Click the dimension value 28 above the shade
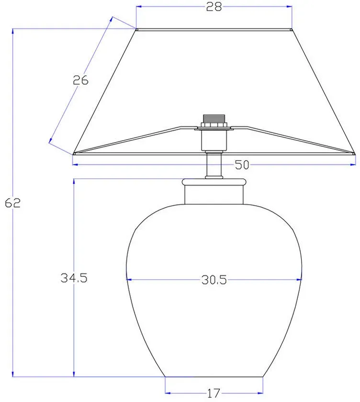point(214,7)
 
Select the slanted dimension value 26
point(80,80)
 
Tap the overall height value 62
point(12,203)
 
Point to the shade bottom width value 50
point(242,165)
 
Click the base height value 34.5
point(74,278)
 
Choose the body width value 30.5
point(214,279)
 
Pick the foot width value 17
point(214,393)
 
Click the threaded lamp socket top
point(214,119)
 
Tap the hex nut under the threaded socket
point(214,125)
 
